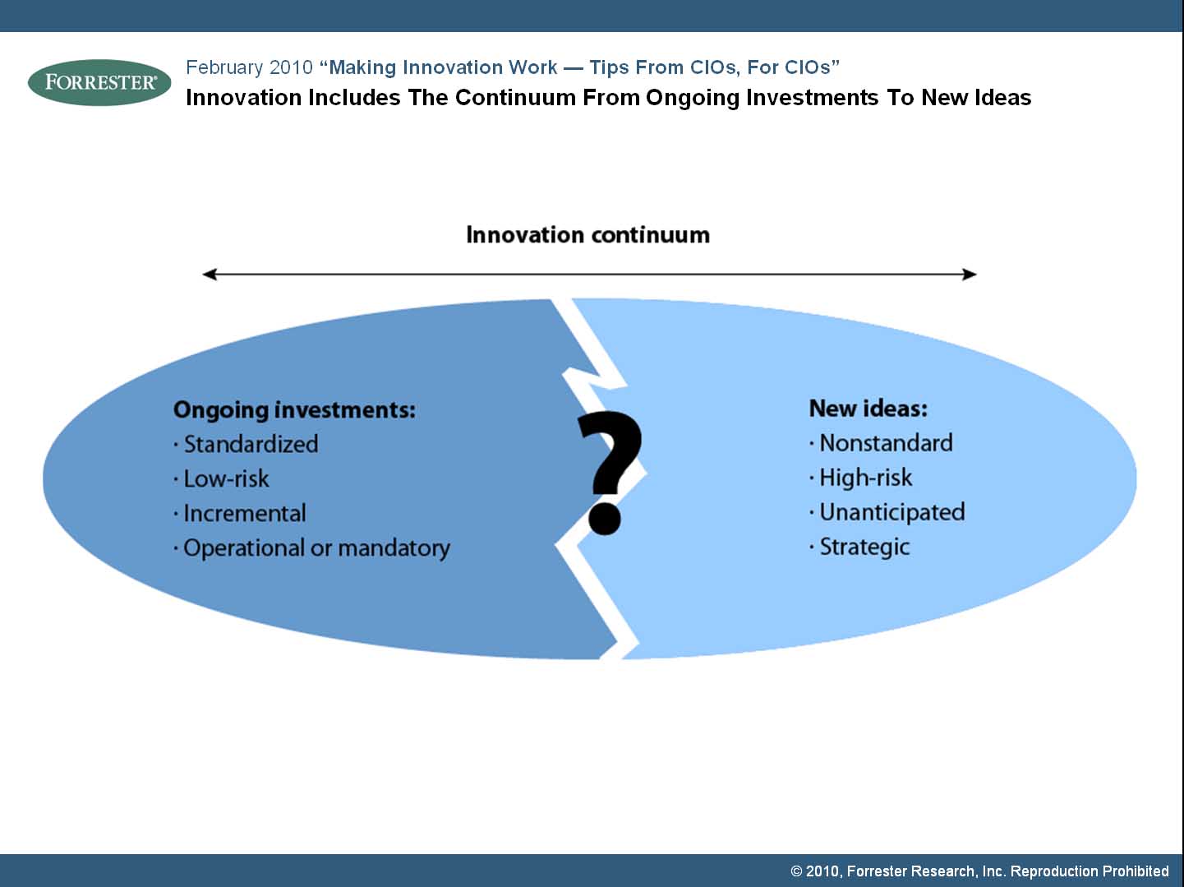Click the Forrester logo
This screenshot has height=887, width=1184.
tap(99, 82)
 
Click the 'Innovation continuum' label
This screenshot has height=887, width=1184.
tap(587, 235)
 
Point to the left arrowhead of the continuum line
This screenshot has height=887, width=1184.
tap(210, 275)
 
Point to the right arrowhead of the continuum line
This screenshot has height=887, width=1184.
tap(970, 275)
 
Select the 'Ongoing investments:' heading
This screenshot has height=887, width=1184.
tap(294, 410)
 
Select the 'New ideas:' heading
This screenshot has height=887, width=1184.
tap(868, 409)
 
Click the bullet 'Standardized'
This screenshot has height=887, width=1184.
tap(246, 444)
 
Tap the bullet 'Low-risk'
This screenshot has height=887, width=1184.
tap(221, 478)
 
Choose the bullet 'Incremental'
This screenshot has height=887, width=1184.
tap(240, 513)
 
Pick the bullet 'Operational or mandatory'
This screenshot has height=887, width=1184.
tap(311, 548)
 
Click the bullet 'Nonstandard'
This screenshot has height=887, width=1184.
tap(881, 443)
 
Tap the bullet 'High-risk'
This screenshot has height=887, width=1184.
tap(861, 478)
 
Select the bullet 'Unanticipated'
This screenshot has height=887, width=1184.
tap(887, 513)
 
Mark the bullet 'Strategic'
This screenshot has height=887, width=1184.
tap(859, 547)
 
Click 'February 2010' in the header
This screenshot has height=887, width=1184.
tap(249, 67)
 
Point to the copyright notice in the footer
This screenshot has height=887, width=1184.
tap(979, 871)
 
